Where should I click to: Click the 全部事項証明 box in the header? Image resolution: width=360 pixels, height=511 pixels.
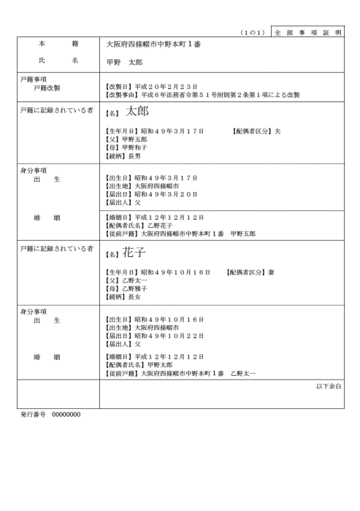coord(307,33)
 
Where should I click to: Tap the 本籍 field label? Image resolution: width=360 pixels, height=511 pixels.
coord(58,45)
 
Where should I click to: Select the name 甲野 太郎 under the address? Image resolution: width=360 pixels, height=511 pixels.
coord(125,62)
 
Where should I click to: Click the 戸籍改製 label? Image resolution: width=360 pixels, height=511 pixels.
coord(46,87)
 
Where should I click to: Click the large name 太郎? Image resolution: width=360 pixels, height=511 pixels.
coord(137,112)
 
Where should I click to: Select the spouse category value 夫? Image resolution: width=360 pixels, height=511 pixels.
coord(277,131)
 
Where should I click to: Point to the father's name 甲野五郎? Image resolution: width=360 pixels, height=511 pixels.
coord(134,139)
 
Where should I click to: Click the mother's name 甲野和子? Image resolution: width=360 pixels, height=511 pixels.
coord(134,147)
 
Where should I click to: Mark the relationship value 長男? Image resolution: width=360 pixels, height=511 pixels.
coord(135,156)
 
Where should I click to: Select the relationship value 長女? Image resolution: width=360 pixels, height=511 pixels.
coord(135,297)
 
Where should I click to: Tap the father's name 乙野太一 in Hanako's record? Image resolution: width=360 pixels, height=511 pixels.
coord(134,280)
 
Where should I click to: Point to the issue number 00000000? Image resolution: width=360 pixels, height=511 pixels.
coord(66,414)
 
